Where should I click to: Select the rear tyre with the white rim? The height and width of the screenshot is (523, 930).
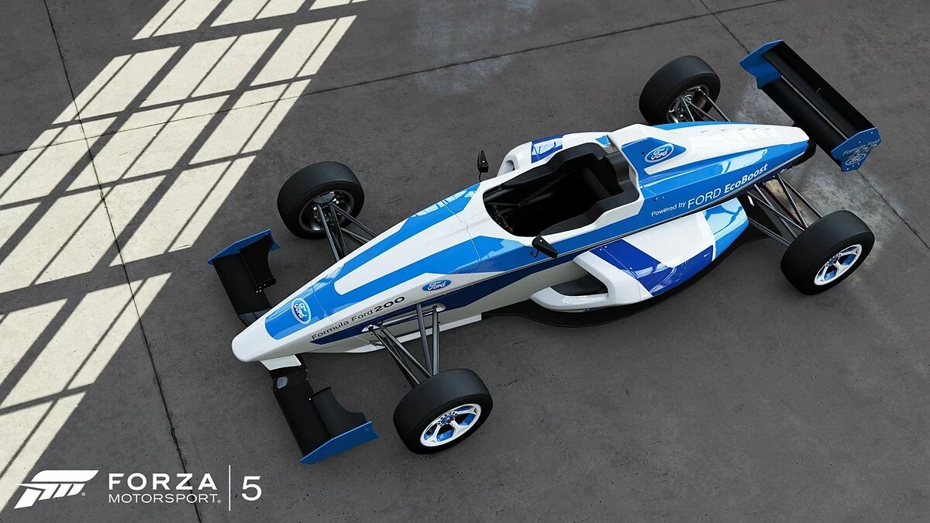coord(827,251)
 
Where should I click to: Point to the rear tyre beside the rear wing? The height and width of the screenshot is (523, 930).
coord(679,88)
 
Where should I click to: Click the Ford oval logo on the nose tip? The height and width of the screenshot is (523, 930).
coord(301,309)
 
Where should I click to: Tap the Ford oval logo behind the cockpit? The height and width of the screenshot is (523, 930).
coord(659,153)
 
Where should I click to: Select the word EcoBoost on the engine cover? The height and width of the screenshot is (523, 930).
coord(746,181)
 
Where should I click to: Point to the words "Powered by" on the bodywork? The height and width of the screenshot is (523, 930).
coord(668,208)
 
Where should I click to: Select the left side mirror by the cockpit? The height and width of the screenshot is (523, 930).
coord(483,161)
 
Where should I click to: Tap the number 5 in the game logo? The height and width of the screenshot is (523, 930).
coord(251,489)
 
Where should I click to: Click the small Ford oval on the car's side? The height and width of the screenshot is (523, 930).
coord(436,285)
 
